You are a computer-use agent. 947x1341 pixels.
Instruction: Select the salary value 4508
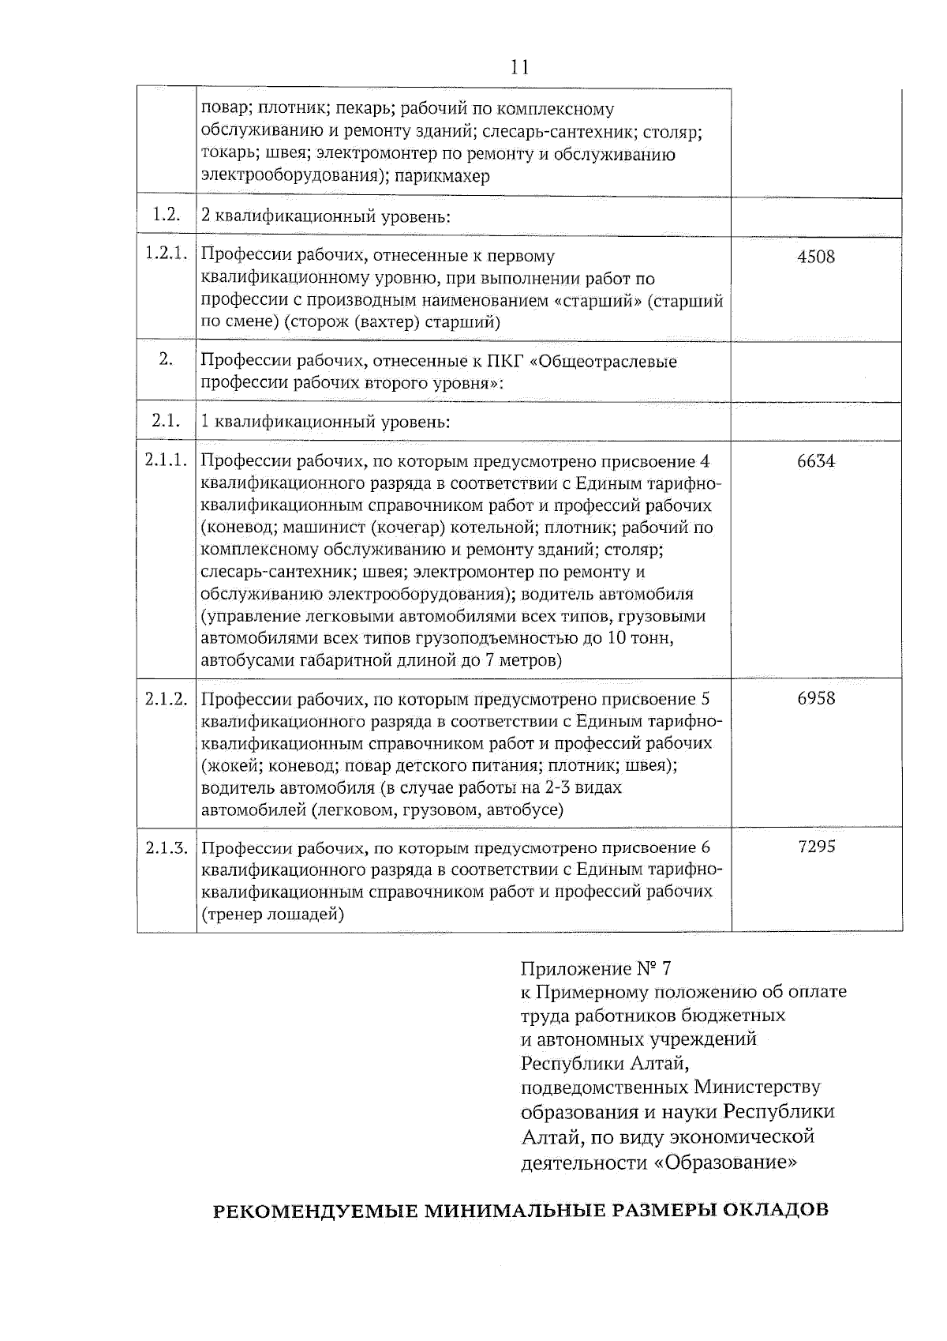click(816, 257)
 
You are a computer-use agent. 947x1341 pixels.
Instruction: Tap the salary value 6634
click(816, 461)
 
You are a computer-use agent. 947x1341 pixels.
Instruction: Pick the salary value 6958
click(816, 698)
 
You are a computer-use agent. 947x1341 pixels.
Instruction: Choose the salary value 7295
click(817, 847)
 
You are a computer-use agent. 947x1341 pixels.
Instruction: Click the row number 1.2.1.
click(166, 254)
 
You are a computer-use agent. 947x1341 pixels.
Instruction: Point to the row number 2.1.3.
click(166, 848)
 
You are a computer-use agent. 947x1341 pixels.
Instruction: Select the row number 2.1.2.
click(166, 699)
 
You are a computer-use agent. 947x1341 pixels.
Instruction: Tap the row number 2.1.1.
click(166, 461)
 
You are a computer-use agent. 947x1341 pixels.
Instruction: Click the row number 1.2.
click(166, 215)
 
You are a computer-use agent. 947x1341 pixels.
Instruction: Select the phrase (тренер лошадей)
click(273, 915)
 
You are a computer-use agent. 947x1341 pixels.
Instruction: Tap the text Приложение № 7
click(595, 968)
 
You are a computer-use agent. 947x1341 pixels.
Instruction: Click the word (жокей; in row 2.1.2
click(232, 765)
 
